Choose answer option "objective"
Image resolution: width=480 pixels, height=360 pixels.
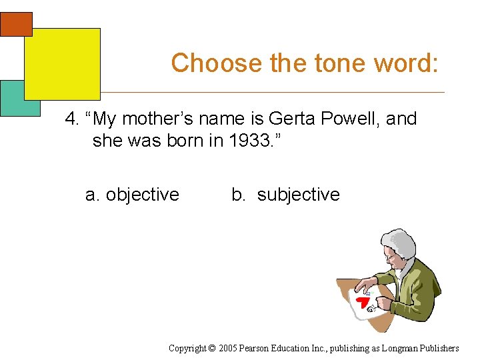(142, 195)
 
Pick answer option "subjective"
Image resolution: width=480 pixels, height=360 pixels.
(298, 195)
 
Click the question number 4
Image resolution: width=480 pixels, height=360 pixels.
(71, 119)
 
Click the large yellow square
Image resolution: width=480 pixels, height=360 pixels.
(62, 63)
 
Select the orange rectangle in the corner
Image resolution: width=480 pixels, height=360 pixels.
(16, 23)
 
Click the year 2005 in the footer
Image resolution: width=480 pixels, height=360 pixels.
(227, 348)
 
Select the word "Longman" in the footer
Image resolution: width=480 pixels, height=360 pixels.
(404, 348)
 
